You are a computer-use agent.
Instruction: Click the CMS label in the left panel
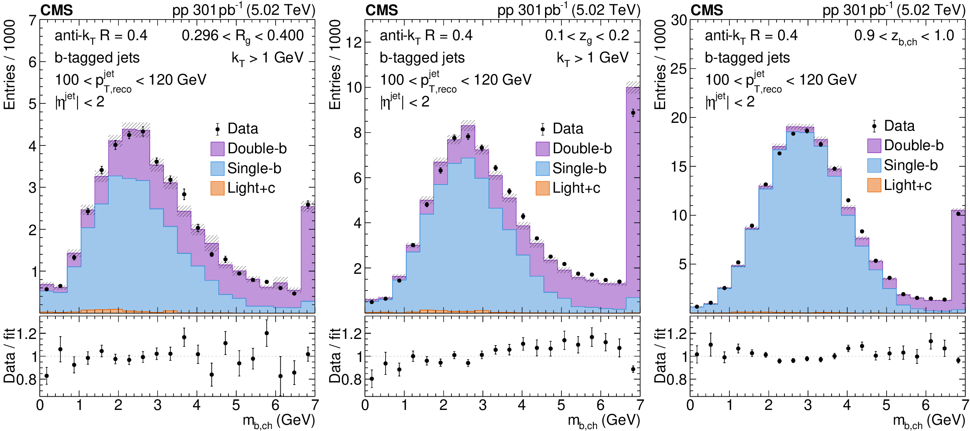tap(57, 10)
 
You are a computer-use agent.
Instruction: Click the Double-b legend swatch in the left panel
tap(218, 149)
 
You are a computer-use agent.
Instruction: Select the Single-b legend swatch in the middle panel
tap(542, 168)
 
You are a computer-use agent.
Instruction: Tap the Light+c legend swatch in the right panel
tap(874, 185)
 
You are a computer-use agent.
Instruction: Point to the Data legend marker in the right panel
tap(874, 126)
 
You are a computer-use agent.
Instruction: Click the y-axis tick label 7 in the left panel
tap(33, 20)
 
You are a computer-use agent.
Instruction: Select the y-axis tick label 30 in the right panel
tap(679, 20)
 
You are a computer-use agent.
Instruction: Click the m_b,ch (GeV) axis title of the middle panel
tap(604, 421)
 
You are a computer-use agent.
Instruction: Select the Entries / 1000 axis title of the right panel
tap(660, 64)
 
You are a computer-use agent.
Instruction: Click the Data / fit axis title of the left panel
tap(9, 356)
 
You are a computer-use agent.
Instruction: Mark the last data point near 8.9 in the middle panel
tap(633, 113)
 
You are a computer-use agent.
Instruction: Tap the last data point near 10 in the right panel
tap(958, 214)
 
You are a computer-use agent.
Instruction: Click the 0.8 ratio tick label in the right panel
tap(677, 379)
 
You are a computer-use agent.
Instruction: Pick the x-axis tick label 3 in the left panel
tap(158, 405)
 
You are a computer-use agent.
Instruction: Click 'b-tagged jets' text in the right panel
tap(747, 58)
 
